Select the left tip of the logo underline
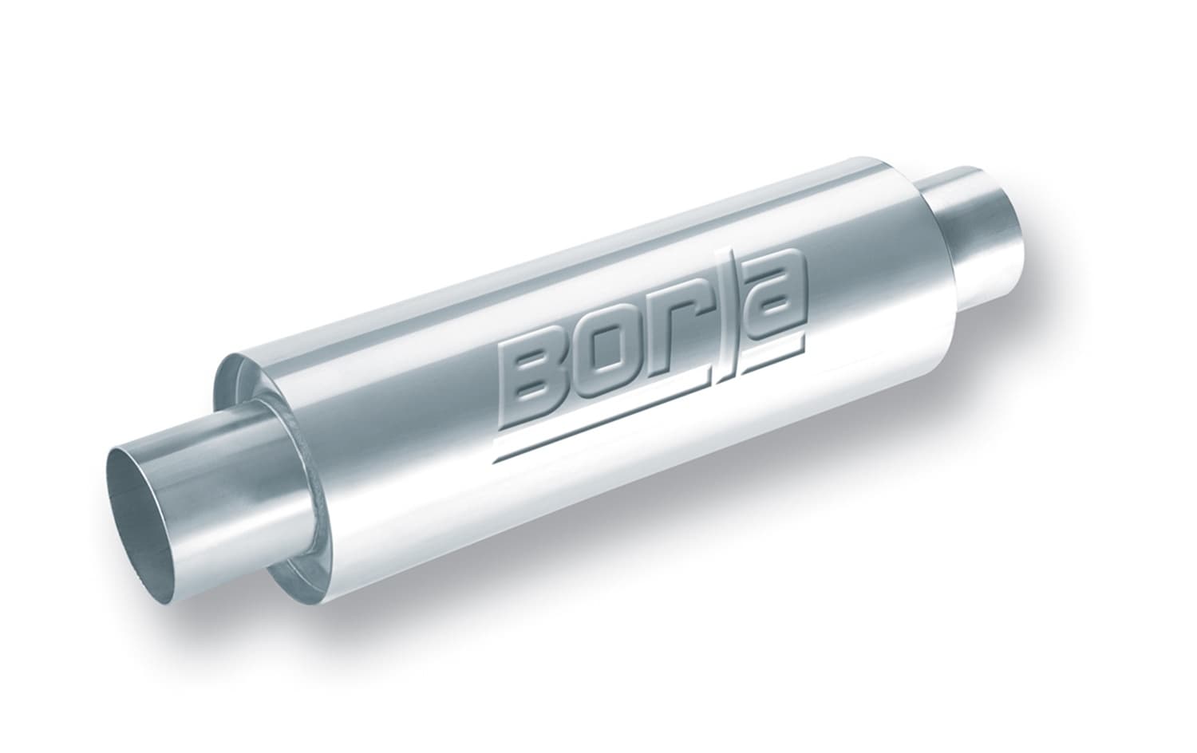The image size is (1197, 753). pyautogui.click(x=496, y=460)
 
